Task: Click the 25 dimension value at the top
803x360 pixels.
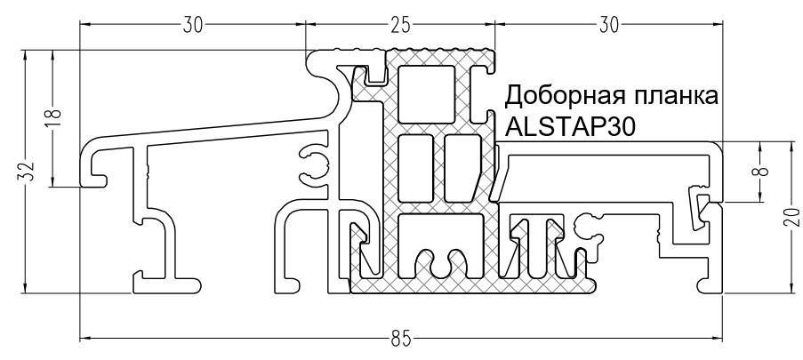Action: (399, 25)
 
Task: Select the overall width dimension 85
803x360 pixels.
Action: (399, 337)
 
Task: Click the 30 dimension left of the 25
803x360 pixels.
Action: (192, 25)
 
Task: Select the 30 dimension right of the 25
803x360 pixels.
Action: (608, 25)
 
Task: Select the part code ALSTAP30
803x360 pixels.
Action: (569, 126)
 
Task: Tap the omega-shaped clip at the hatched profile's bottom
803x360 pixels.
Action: (442, 263)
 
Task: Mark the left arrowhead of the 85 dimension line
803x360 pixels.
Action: (84, 338)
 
